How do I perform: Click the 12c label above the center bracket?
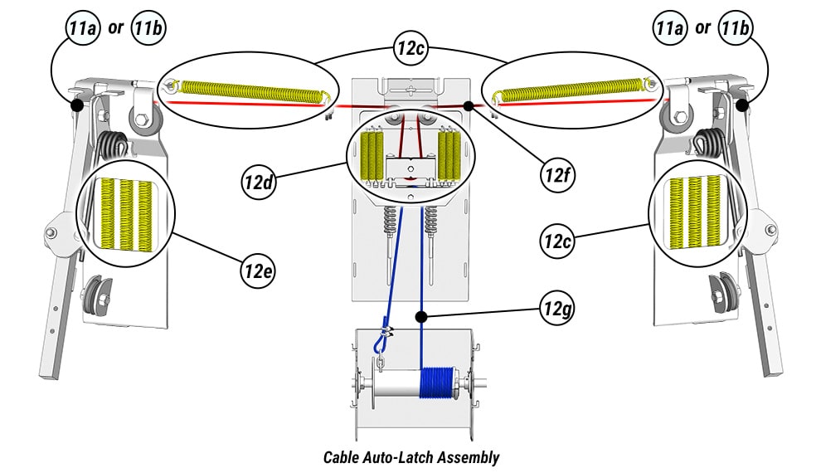411,51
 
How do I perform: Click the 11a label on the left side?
83,28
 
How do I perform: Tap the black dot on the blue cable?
422,316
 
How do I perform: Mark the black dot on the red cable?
469,106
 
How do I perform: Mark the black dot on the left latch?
75,106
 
